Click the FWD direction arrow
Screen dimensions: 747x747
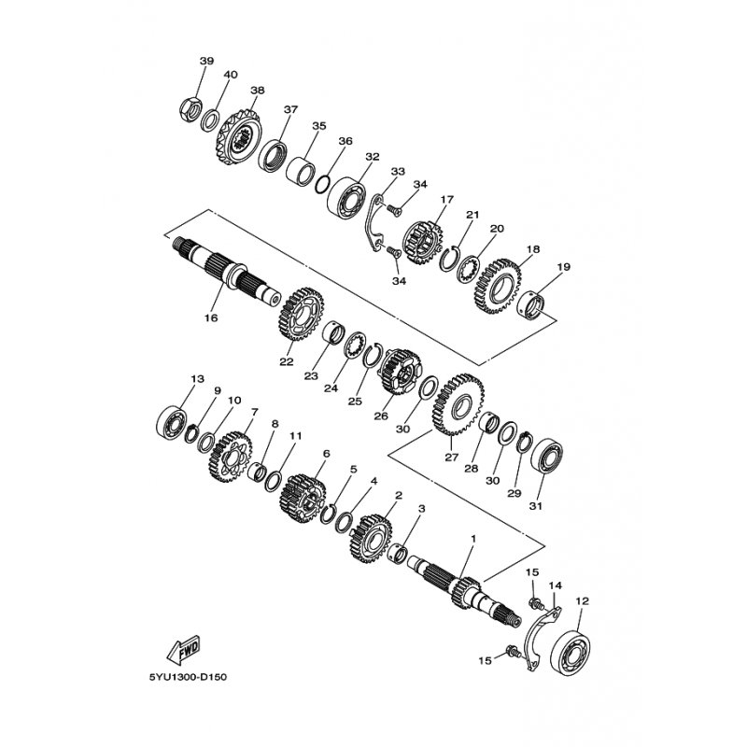click(x=184, y=650)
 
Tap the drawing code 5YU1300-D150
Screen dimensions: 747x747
click(x=188, y=677)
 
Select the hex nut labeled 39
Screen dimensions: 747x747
click(x=190, y=108)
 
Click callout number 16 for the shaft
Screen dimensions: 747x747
click(x=211, y=317)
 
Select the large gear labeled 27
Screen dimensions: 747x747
click(x=458, y=404)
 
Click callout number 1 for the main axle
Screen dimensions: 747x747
click(x=473, y=539)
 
